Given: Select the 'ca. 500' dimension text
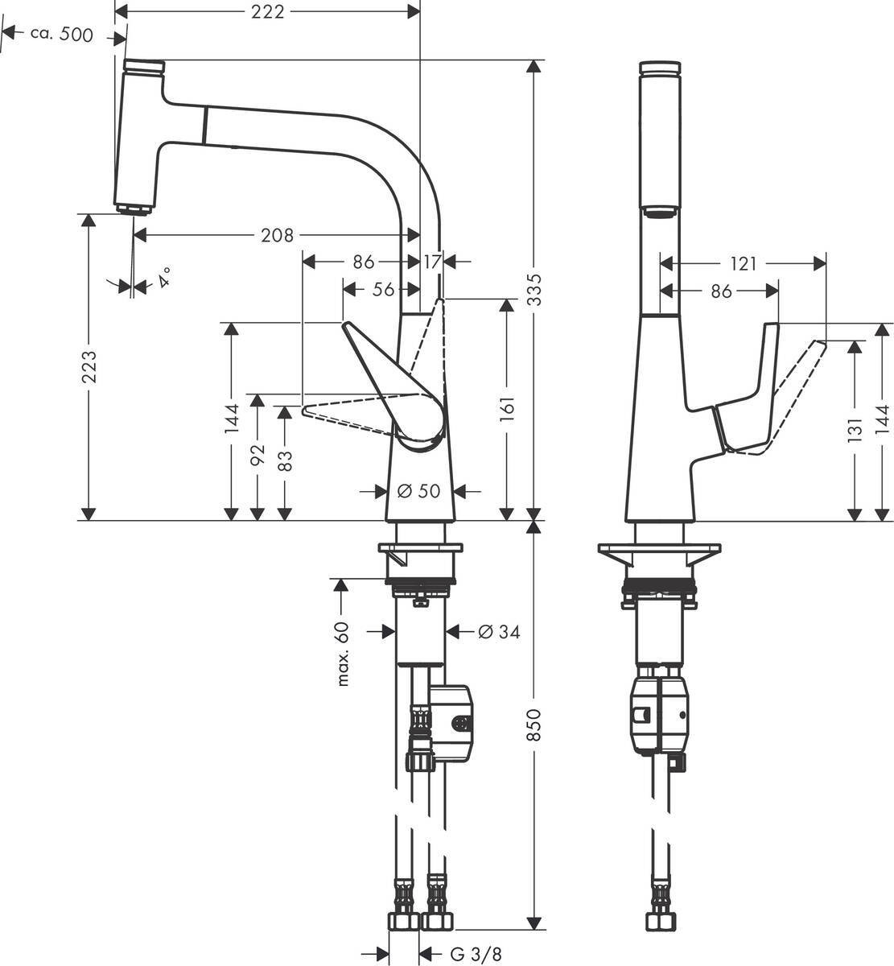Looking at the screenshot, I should pos(61,34).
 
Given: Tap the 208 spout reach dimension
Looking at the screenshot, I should pos(277,235).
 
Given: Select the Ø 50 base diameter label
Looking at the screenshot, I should pos(419,490).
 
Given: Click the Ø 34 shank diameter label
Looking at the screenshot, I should pos(499,633).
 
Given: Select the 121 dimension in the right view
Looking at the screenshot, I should pos(744,263).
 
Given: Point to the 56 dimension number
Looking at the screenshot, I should pos(383,289).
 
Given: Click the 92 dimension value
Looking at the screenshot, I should pos(257,454).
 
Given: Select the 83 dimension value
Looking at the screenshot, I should pos(284,460).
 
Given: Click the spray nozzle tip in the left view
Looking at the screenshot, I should pos(133,209).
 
